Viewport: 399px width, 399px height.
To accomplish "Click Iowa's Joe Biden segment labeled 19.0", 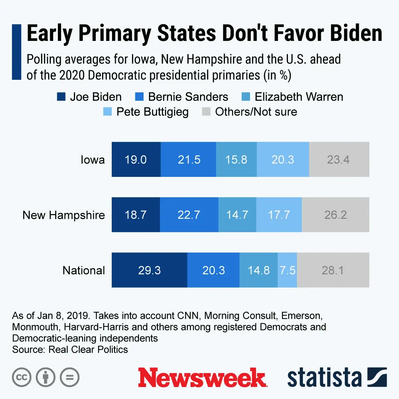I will point(136,160).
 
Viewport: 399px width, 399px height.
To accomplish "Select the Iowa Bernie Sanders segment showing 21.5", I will point(189,160).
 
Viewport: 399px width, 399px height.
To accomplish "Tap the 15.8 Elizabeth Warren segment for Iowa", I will point(236,160).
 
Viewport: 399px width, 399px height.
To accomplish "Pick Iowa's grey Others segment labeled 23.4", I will point(339,160).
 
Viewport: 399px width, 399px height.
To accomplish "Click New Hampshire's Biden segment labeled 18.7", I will point(136,215).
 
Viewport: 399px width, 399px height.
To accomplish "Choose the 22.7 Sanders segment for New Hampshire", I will point(189,215).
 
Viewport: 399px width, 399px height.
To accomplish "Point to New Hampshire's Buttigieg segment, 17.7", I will point(279,215).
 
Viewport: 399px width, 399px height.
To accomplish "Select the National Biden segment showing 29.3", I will point(149,270).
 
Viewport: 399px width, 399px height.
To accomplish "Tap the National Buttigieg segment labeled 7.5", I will point(287,270).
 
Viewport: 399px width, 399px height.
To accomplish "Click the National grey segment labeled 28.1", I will point(333,270).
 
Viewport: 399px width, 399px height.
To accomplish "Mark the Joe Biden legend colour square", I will point(61,97).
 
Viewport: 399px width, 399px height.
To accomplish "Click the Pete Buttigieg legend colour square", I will point(107,112).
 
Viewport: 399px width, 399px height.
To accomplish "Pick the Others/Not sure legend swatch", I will point(206,112).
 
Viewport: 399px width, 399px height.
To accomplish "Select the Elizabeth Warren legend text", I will point(299,97).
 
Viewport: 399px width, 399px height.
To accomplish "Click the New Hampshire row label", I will point(64,215).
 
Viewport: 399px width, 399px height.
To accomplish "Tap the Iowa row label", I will point(92,160).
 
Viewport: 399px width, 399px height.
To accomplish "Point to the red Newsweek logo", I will point(202,378).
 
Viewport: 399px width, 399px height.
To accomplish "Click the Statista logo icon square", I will point(377,377).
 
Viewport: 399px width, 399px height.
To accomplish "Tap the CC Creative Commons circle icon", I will point(22,377).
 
